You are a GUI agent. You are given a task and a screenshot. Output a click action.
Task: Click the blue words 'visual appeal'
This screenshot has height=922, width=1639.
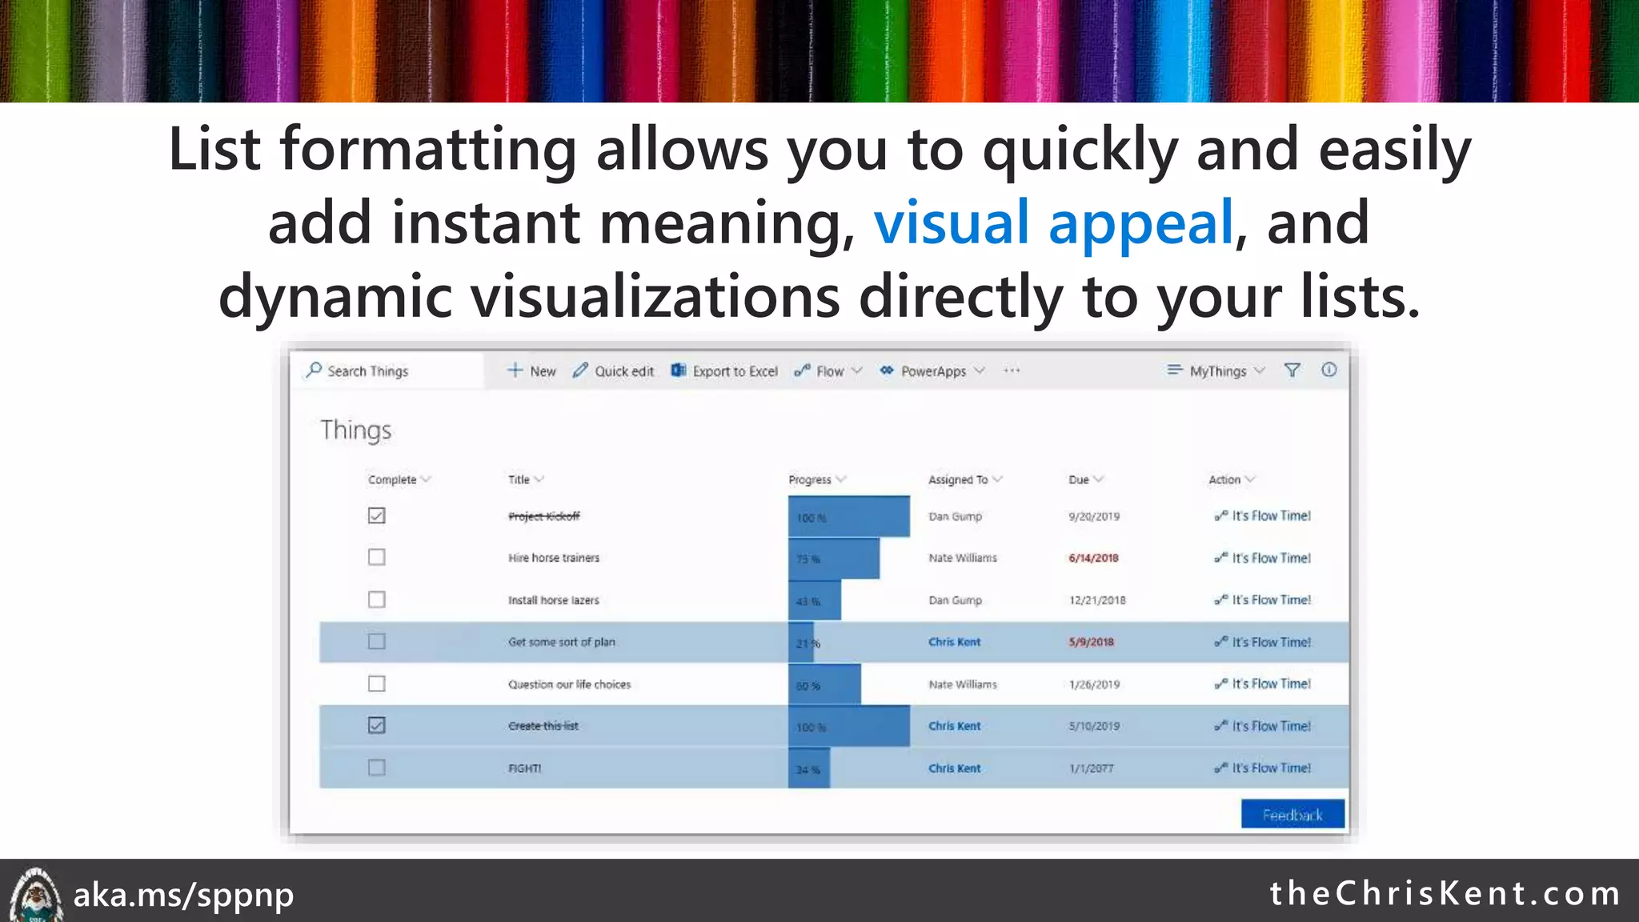(x=1053, y=223)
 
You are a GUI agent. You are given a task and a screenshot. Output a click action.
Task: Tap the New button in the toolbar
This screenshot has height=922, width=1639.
(x=532, y=371)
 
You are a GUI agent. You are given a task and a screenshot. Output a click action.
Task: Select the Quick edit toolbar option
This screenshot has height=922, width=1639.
(x=614, y=371)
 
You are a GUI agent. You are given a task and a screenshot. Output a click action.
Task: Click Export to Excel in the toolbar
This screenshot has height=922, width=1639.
(x=724, y=371)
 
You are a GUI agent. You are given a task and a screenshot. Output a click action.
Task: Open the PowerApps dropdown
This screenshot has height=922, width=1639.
(x=932, y=371)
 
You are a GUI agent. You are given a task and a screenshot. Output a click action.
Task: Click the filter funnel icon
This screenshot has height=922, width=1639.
(x=1292, y=371)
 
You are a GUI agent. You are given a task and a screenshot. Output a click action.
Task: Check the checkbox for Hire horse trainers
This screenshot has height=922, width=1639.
(x=376, y=557)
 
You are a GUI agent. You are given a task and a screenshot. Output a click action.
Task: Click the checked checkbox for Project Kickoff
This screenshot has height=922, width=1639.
(x=376, y=515)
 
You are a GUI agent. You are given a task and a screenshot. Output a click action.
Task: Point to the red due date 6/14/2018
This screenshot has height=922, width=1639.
(x=1093, y=558)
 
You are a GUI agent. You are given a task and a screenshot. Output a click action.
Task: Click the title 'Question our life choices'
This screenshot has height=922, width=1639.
(x=569, y=684)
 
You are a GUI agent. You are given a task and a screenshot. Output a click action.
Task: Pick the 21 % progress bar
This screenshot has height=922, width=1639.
(x=802, y=643)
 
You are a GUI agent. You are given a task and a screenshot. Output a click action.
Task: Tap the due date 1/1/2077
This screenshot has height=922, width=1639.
(x=1091, y=768)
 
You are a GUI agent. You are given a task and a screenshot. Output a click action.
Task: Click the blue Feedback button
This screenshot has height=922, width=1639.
(x=1292, y=815)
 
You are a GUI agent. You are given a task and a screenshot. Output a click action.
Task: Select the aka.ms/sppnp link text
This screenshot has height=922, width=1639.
(x=183, y=895)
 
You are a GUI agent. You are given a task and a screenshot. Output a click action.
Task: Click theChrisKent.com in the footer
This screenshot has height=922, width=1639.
(x=1445, y=893)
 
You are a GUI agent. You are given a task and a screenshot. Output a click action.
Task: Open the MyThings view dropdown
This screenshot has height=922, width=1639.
(x=1217, y=371)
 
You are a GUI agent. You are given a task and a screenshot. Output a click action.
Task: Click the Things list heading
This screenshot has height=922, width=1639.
(x=356, y=431)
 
